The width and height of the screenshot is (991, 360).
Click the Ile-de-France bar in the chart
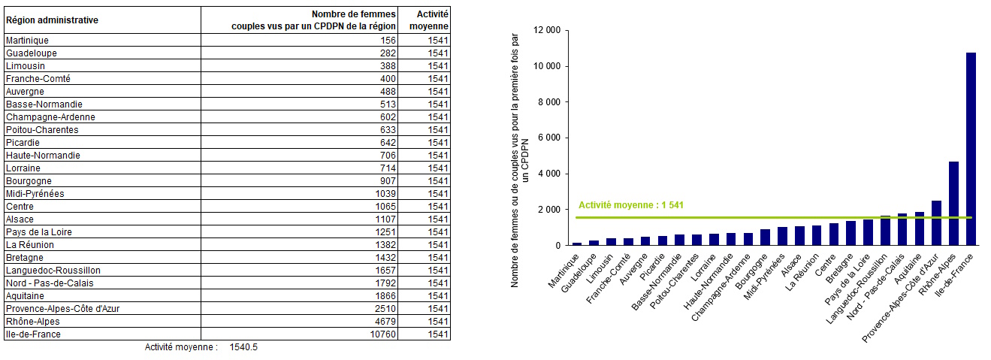(x=971, y=149)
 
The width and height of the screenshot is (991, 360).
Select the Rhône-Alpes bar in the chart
(x=953, y=203)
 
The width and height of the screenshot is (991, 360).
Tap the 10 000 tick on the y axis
(x=547, y=66)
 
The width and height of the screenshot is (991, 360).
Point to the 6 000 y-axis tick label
(x=549, y=138)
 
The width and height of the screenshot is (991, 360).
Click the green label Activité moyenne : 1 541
(x=631, y=205)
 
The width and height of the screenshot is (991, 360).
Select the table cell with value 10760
(x=382, y=334)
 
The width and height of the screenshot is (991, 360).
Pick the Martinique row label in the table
(x=28, y=41)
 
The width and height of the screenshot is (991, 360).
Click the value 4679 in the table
(x=385, y=322)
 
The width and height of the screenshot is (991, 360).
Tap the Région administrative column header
(x=52, y=20)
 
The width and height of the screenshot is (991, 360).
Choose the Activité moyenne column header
(x=429, y=20)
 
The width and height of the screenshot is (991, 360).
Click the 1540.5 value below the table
(x=243, y=347)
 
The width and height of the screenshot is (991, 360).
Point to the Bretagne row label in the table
(x=25, y=258)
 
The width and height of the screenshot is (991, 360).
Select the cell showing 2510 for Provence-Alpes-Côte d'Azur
(x=385, y=309)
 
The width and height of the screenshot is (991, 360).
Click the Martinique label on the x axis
(x=563, y=271)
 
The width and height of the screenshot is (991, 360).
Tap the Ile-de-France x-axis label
(x=954, y=275)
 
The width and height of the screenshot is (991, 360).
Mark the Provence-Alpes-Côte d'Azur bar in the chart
(x=936, y=222)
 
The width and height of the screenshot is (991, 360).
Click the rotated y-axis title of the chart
(x=520, y=160)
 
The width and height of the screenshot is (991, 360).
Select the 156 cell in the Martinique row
(x=388, y=41)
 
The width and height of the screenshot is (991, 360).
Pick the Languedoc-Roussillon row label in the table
(x=53, y=271)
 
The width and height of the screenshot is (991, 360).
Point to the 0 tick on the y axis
(x=558, y=245)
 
